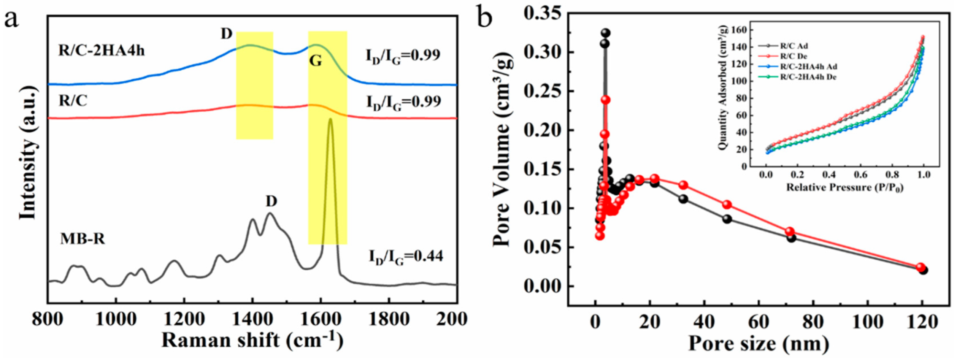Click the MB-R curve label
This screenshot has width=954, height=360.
pyautogui.click(x=83, y=238)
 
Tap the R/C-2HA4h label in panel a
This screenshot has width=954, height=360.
pyautogui.click(x=101, y=50)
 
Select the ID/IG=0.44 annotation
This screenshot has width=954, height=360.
pyautogui.click(x=405, y=257)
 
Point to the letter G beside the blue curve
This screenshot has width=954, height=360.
pyautogui.click(x=315, y=61)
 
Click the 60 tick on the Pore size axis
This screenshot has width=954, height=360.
pyautogui.click(x=758, y=322)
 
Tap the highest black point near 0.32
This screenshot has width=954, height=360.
pyautogui.click(x=605, y=33)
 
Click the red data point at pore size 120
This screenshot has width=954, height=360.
pyautogui.click(x=921, y=267)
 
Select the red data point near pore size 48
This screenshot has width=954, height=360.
pyautogui.click(x=727, y=204)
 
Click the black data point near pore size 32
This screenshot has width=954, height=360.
pyautogui.click(x=683, y=199)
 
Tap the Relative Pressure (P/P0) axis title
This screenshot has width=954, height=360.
pyautogui.click(x=845, y=187)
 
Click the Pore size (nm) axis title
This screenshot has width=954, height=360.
pyautogui.click(x=758, y=343)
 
